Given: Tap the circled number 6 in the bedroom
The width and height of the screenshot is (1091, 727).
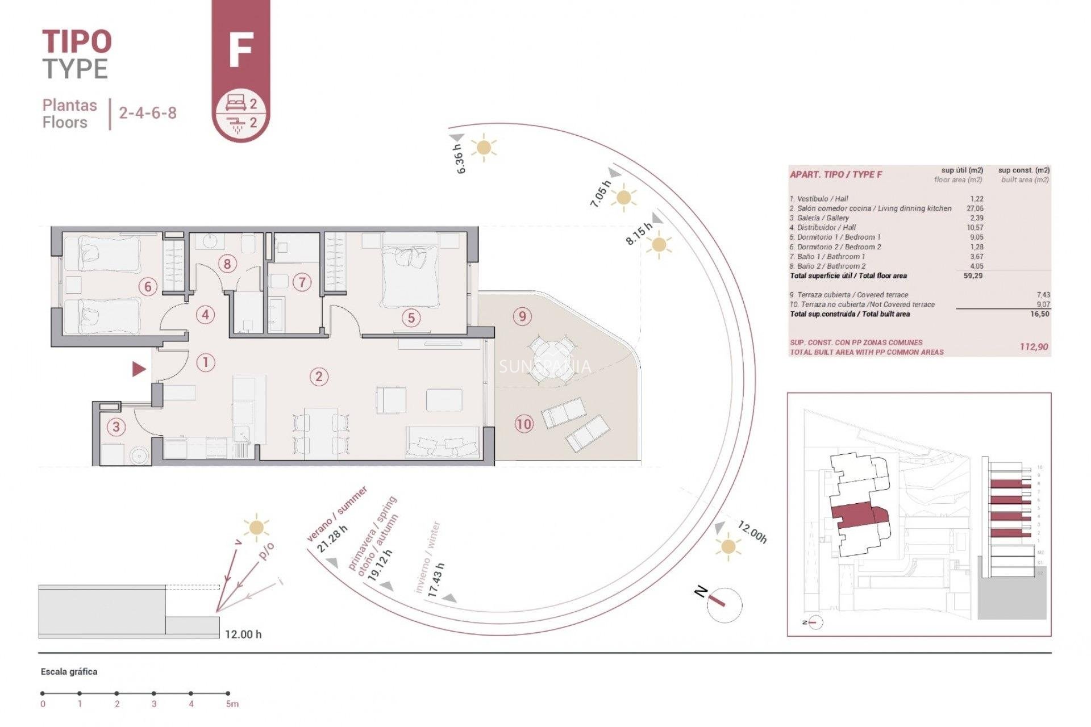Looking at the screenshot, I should click(x=148, y=287).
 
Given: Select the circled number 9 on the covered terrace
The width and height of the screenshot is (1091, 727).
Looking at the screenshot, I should click(x=522, y=316).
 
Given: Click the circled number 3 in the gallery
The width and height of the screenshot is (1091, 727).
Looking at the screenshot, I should click(x=116, y=427).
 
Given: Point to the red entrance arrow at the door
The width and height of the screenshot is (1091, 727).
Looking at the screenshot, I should click(x=139, y=369).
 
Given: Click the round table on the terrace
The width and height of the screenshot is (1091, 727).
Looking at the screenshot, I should click(x=551, y=357).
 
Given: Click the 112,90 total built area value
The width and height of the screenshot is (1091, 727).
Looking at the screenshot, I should click(x=1034, y=346).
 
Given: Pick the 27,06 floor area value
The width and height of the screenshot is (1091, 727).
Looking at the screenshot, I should click(x=975, y=208).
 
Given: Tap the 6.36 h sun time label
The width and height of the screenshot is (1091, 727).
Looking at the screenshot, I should click(x=460, y=158).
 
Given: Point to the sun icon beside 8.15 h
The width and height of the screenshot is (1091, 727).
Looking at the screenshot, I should click(x=659, y=245).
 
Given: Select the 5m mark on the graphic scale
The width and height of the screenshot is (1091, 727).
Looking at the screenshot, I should click(x=228, y=693).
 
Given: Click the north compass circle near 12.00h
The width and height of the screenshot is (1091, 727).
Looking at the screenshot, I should click(x=725, y=605).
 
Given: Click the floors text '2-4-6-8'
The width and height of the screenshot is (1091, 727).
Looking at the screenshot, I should click(x=148, y=112).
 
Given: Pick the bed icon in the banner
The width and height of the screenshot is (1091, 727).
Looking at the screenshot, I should click(x=235, y=103).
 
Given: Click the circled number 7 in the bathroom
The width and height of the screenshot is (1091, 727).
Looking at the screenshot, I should click(x=302, y=282).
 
